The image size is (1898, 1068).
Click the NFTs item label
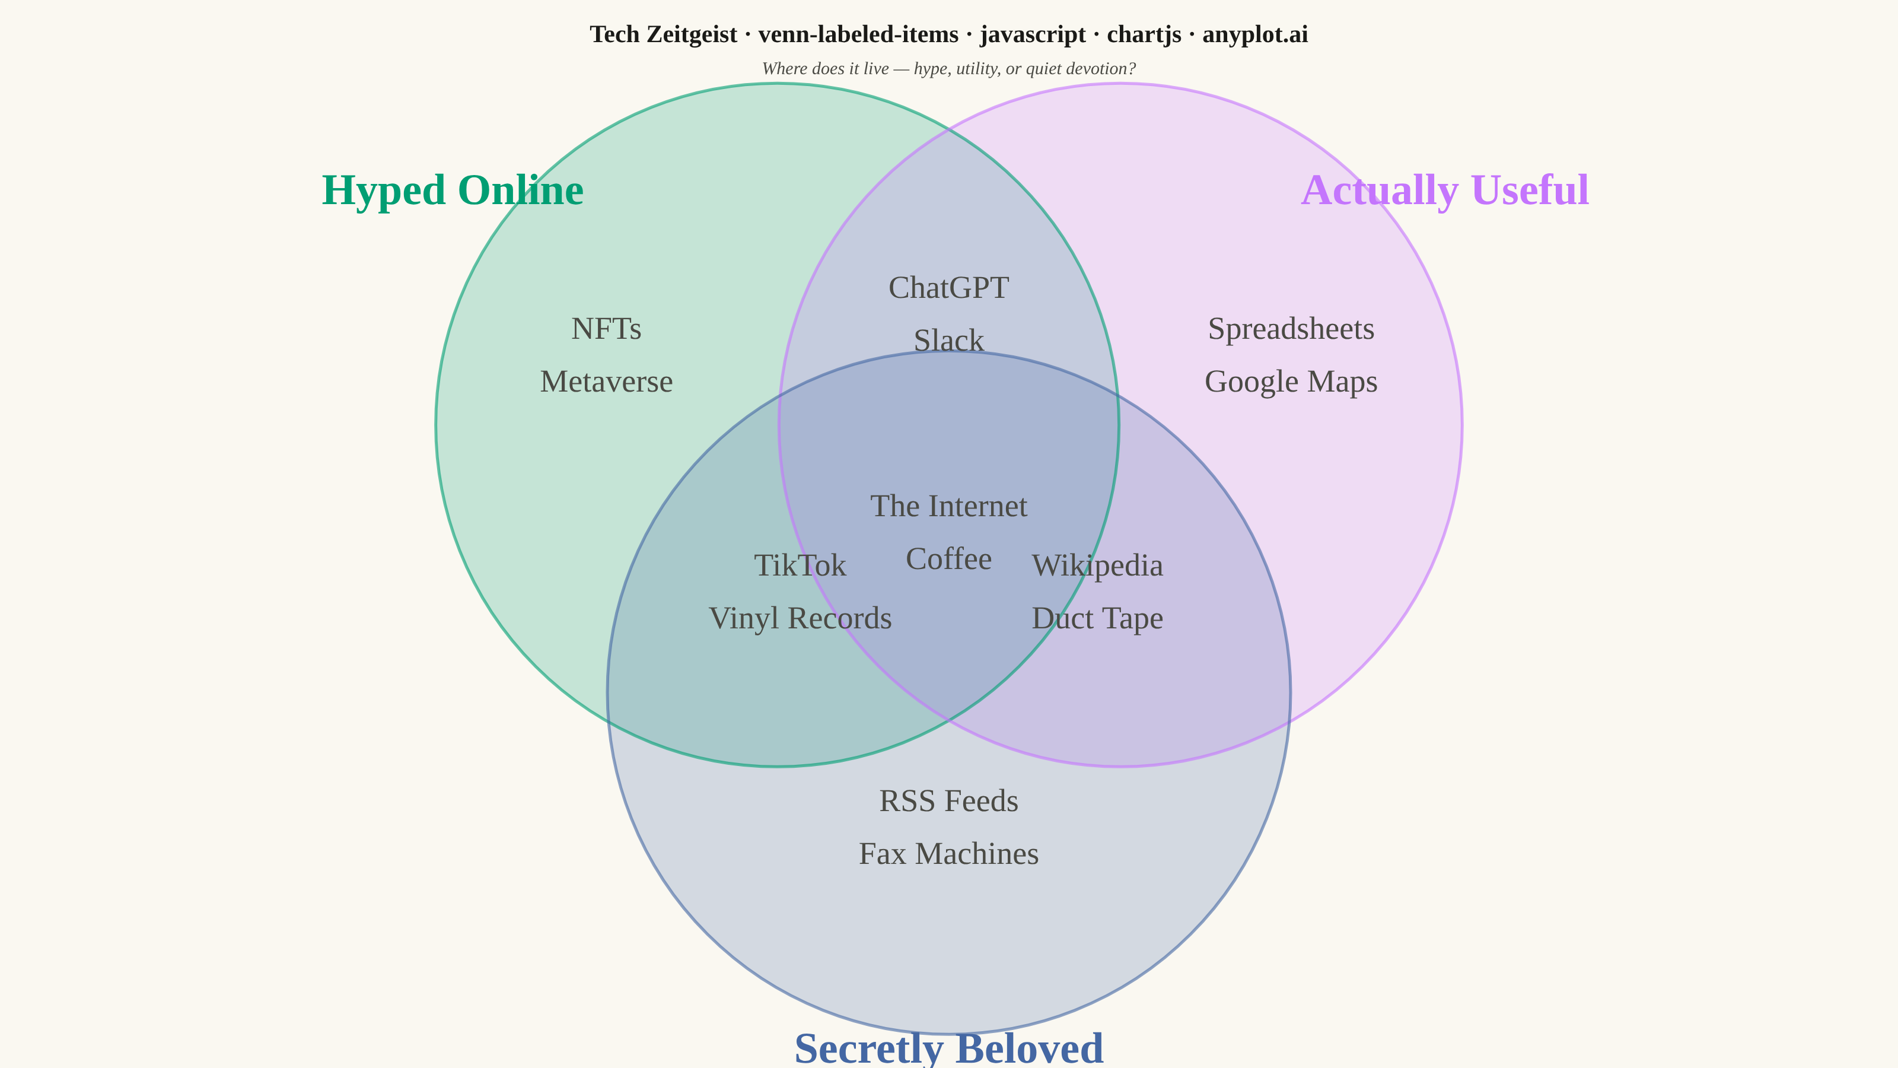pyautogui.click(x=606, y=329)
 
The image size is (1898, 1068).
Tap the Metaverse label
pyautogui.click(x=606, y=382)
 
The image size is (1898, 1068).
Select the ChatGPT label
pyautogui.click(x=949, y=287)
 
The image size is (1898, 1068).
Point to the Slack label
pyautogui.click(x=949, y=341)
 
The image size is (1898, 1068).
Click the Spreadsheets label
pyautogui.click(x=1291, y=329)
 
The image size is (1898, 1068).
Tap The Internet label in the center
pyautogui.click(x=949, y=506)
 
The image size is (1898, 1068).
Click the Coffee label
pyautogui.click(x=949, y=560)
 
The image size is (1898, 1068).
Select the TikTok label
pyautogui.click(x=800, y=566)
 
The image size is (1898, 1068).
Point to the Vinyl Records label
pyautogui.click(x=800, y=619)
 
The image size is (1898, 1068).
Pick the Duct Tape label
pyautogui.click(x=1098, y=619)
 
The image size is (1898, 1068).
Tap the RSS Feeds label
pyautogui.click(x=949, y=801)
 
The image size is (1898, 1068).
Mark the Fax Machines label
pyautogui.click(x=949, y=854)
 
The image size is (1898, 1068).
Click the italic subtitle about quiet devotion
pyautogui.click(x=949, y=69)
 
